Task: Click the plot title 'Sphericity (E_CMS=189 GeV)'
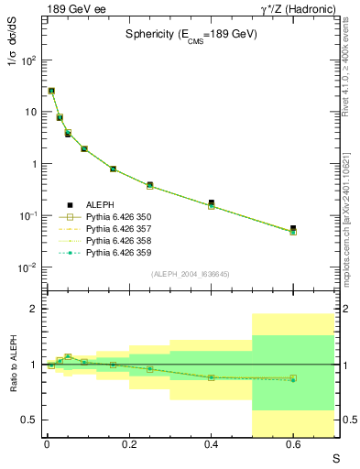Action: coord(191,34)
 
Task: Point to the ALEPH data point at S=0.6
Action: coord(293,228)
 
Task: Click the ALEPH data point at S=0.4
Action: coord(211,202)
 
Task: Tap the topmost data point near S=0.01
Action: coord(51,91)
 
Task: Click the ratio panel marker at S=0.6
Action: coord(293,378)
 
